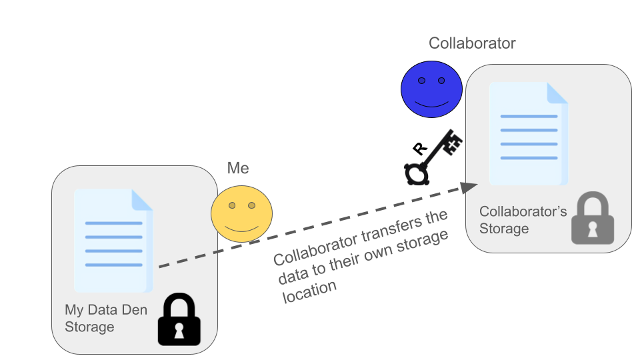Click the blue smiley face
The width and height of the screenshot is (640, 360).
[x=431, y=89]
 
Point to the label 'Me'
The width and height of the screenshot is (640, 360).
[x=238, y=168]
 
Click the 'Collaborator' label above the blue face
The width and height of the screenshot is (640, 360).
[x=472, y=44]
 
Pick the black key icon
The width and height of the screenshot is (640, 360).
[x=433, y=157]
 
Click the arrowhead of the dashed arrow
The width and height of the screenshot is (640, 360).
[x=470, y=188]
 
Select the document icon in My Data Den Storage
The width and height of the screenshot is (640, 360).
[x=113, y=241]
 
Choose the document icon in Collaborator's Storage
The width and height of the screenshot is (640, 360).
[x=528, y=133]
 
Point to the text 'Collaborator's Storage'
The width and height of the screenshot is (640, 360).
[x=523, y=220]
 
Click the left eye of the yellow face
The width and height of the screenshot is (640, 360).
[x=232, y=205]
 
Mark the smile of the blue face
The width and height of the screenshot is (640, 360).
[x=431, y=104]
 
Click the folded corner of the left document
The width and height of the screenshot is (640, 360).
[x=142, y=199]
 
